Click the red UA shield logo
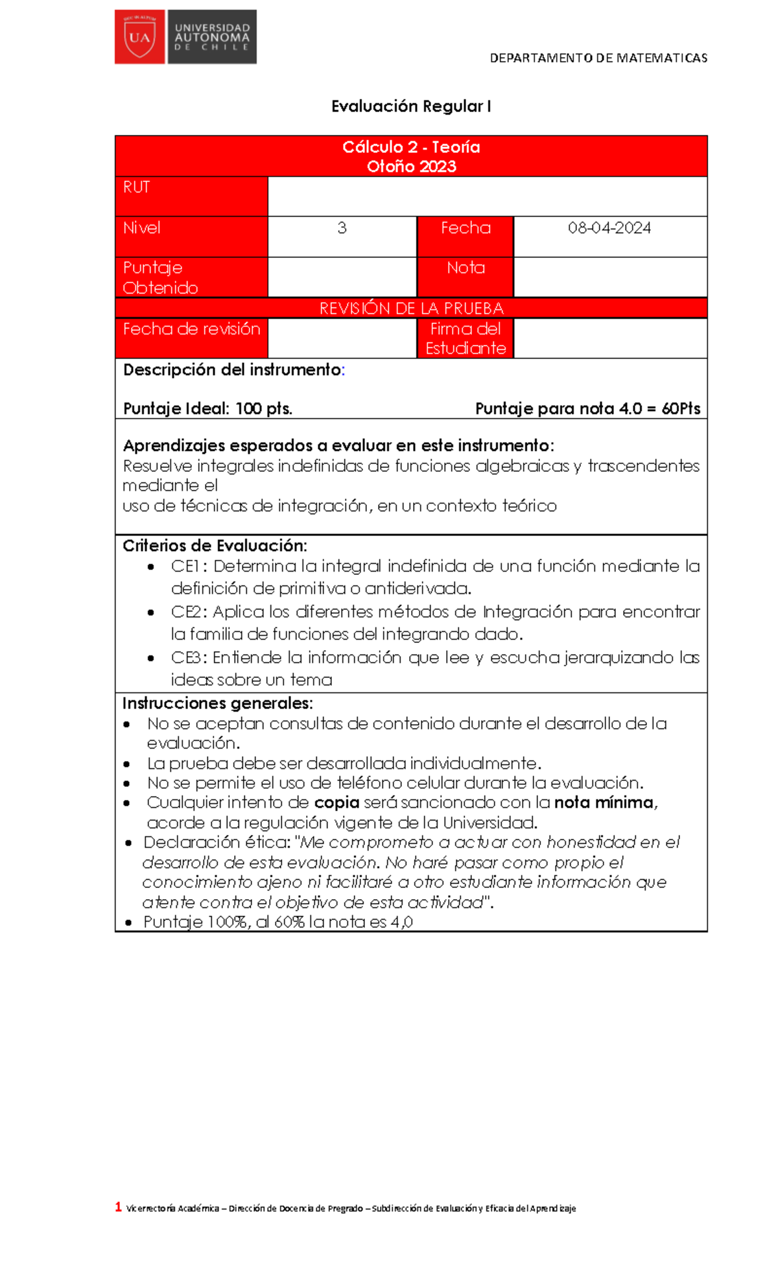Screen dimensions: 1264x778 [x=139, y=37]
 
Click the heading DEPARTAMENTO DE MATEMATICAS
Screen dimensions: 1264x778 [x=598, y=58]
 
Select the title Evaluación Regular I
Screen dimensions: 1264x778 [x=411, y=106]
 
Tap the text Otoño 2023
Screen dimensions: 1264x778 [x=411, y=167]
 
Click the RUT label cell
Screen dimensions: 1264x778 [x=191, y=196]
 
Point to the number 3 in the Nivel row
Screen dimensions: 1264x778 [x=342, y=228]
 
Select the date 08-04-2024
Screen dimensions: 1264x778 [x=609, y=228]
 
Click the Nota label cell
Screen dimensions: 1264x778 [x=466, y=268]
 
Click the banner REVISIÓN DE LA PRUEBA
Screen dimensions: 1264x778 [x=411, y=309]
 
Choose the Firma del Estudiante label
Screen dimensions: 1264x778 [x=466, y=338]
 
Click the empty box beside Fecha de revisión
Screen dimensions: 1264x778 [x=342, y=338]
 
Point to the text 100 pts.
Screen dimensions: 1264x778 [x=263, y=409]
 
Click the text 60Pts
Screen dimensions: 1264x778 [x=681, y=409]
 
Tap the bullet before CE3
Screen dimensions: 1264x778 [x=151, y=659]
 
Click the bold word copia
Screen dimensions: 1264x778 [x=336, y=802]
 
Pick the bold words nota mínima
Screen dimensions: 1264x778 [x=604, y=802]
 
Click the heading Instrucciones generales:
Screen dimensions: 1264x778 [x=218, y=703]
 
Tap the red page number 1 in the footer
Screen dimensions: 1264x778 [x=119, y=1206]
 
